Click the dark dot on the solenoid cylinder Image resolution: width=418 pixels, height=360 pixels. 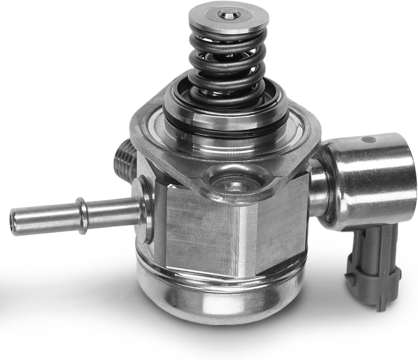368,139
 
